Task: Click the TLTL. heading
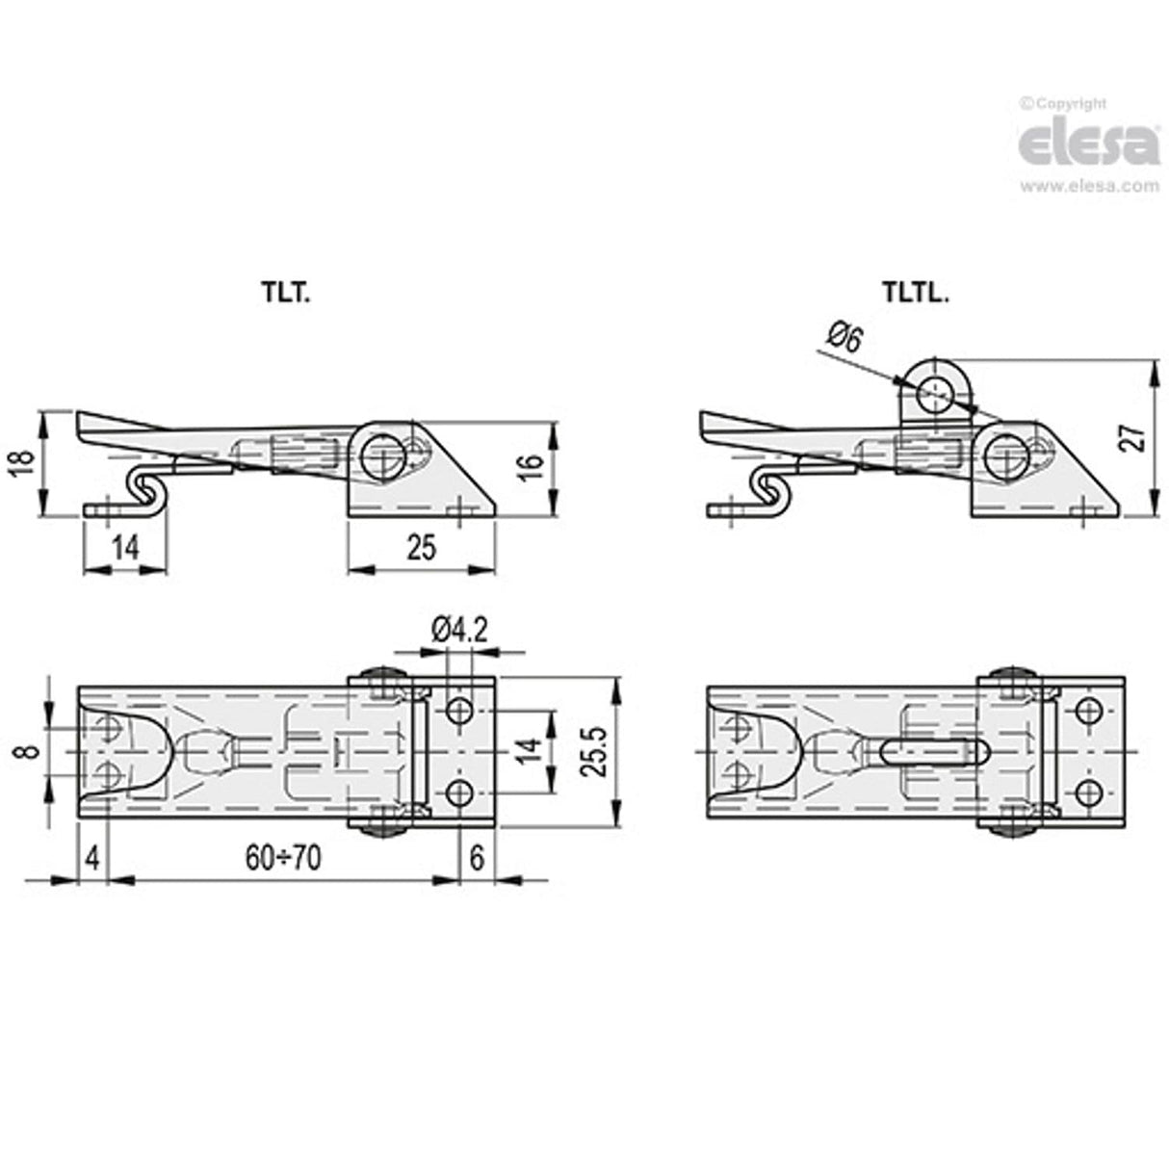click(x=915, y=295)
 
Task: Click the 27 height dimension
click(x=1136, y=437)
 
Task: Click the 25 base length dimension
click(x=421, y=547)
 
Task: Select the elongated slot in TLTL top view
click(x=932, y=751)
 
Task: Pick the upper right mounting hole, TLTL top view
click(x=1089, y=712)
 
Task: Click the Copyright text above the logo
click(x=1063, y=104)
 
